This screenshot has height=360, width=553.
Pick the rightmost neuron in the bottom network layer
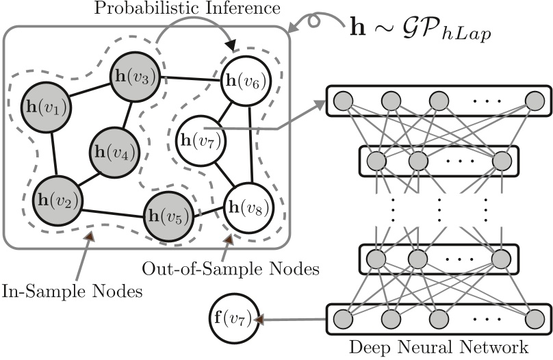[x=536, y=319]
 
